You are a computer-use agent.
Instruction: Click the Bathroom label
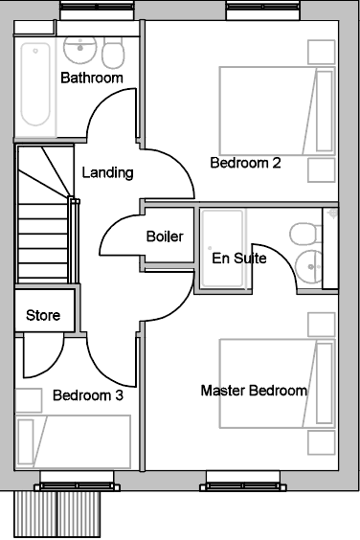(x=92, y=78)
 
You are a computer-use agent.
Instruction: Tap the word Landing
(x=107, y=172)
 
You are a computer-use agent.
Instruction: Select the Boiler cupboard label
(x=165, y=236)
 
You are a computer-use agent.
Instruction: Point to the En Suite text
(x=239, y=259)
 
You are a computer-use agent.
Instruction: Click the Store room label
(x=43, y=315)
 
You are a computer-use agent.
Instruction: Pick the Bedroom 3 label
(x=88, y=395)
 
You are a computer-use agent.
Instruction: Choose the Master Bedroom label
(x=254, y=391)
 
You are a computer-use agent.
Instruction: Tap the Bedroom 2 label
(x=246, y=163)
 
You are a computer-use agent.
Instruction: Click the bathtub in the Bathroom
(x=35, y=84)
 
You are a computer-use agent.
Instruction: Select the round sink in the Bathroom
(x=80, y=50)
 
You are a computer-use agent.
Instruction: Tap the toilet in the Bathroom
(x=113, y=53)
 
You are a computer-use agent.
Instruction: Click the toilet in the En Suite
(x=305, y=235)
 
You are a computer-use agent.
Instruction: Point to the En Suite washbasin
(x=308, y=266)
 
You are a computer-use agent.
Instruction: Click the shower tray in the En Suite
(x=222, y=249)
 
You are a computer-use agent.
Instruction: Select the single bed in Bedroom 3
(x=73, y=441)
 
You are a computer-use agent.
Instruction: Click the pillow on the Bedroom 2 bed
(x=325, y=111)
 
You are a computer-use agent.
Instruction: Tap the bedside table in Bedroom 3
(x=29, y=400)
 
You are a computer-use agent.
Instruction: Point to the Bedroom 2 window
(x=262, y=11)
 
